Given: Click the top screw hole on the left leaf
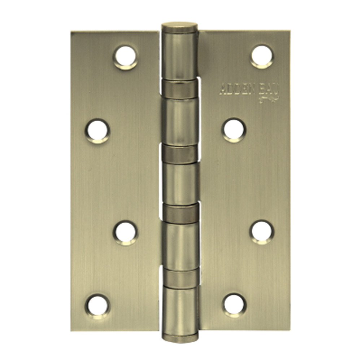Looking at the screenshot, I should coord(126,56).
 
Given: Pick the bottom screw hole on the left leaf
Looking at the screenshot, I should coord(97,304).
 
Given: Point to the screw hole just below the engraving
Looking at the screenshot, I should coord(234,129).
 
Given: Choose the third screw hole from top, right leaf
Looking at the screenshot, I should coord(262,230).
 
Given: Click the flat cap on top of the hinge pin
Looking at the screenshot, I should coord(179,27).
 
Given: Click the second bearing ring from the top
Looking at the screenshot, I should coord(180,153).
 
